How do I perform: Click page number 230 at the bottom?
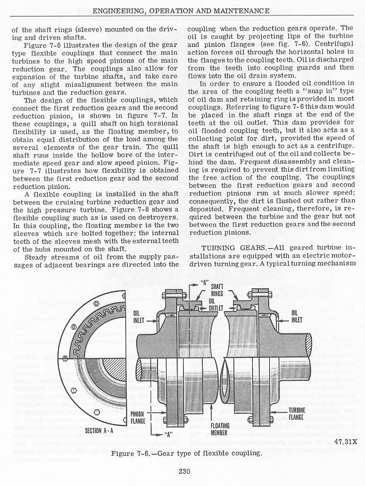point(182,471)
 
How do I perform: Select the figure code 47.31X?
point(346,440)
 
